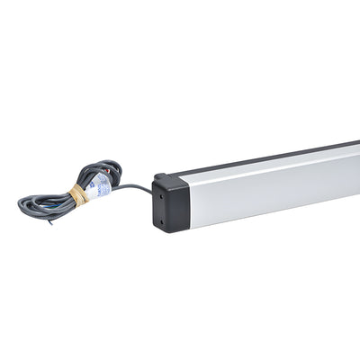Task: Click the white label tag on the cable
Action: coord(101,185)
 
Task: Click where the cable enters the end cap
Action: coord(153,192)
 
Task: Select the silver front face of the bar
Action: coord(270,184)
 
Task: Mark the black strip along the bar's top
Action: coord(270,155)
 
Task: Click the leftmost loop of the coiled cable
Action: coord(24,203)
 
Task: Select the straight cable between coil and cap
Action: coord(133,187)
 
